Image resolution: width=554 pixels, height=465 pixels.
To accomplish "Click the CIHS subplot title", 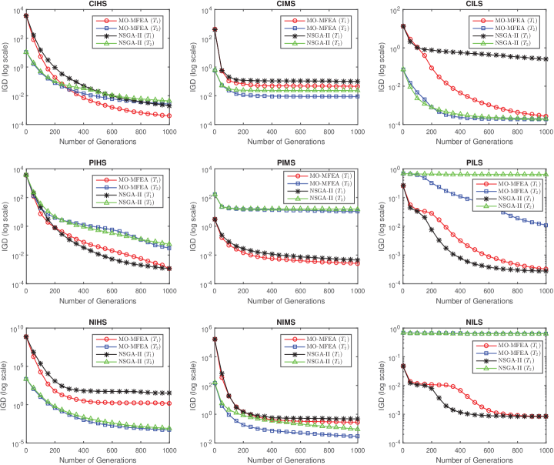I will pos(99,5).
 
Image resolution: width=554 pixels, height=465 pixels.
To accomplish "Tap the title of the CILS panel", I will pos(474,5).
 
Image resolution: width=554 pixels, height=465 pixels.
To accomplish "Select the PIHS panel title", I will pos(99,163).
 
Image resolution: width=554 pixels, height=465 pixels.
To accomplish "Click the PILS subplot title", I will pos(474,163).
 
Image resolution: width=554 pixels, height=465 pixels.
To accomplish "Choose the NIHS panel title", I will pos(99,322).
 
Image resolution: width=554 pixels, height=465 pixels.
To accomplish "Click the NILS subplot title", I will pos(474,322).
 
